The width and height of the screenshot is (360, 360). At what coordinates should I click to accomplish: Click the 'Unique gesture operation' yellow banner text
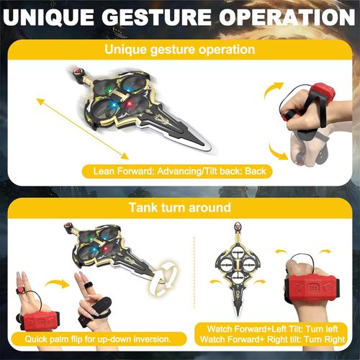(179, 50)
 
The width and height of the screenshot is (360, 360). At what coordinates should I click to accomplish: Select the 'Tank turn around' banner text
(179, 208)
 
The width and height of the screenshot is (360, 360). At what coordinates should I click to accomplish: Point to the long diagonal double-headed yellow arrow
(79, 130)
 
